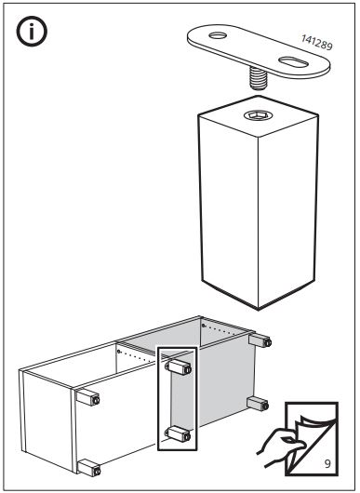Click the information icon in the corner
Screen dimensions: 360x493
[x=32, y=31]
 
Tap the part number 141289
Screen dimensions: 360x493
[x=316, y=43]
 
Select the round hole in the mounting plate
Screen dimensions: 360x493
[x=218, y=35]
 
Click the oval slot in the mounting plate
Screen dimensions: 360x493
[x=293, y=62]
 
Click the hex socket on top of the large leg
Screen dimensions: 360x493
[x=257, y=115]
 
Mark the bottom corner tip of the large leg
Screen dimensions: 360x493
[x=259, y=310]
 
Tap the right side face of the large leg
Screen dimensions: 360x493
[x=287, y=207]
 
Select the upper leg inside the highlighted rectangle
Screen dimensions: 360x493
[x=178, y=367]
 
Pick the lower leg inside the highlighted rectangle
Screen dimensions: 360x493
[x=179, y=433]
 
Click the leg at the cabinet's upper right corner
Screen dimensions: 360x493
[x=260, y=340]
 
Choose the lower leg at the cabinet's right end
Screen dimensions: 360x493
[x=258, y=404]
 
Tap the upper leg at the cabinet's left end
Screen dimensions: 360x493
[x=88, y=398]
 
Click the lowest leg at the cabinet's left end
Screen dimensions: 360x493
[x=89, y=469]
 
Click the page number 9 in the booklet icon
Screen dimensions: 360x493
[x=327, y=464]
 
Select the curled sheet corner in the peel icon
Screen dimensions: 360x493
[x=310, y=423]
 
